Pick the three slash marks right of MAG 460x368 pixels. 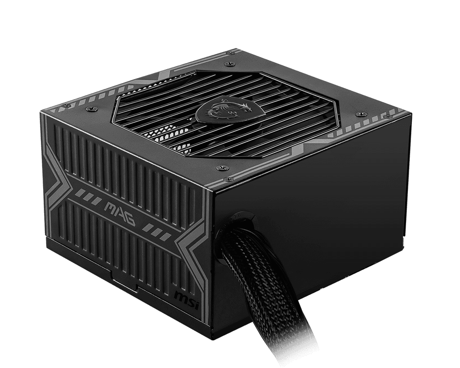coord(158,232)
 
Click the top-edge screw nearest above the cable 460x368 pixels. coord(220,168)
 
